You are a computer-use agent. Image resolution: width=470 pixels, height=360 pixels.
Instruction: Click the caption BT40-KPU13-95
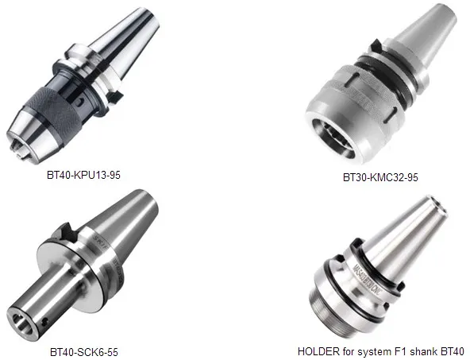tap(83, 175)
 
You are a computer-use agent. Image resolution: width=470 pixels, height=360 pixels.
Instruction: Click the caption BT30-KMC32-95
tap(380, 177)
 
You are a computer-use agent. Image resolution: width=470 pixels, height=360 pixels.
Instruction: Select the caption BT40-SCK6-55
tap(84, 352)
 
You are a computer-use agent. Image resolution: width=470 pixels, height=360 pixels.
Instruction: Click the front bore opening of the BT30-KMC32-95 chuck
tap(333, 139)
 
